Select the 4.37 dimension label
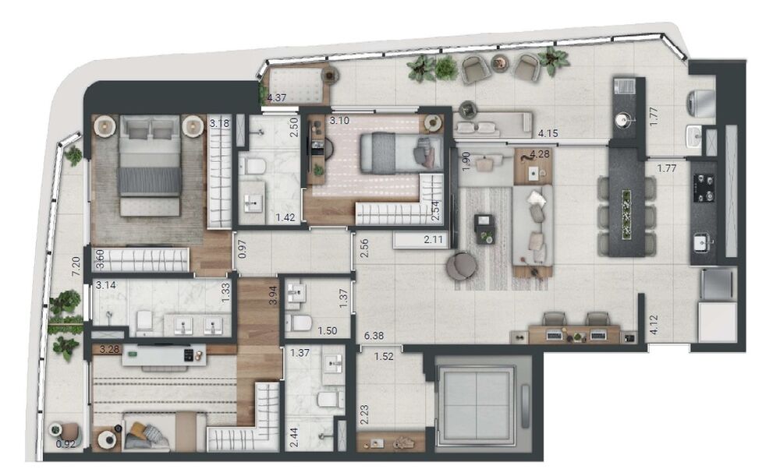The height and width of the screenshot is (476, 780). (277, 98)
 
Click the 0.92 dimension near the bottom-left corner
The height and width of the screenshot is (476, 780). (66, 445)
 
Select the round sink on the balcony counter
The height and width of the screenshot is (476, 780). (622, 120)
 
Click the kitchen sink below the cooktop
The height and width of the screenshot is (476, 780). (703, 243)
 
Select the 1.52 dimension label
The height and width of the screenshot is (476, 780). (383, 357)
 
